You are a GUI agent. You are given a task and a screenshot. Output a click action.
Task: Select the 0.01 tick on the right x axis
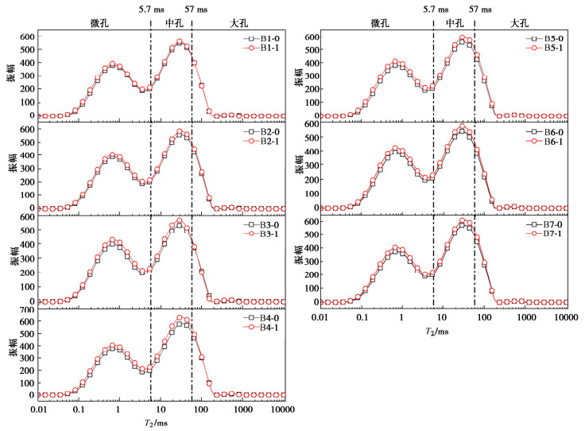pyautogui.click(x=320, y=317)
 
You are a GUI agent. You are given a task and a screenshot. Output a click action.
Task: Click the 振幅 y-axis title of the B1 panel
pyautogui.click(x=11, y=75)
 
